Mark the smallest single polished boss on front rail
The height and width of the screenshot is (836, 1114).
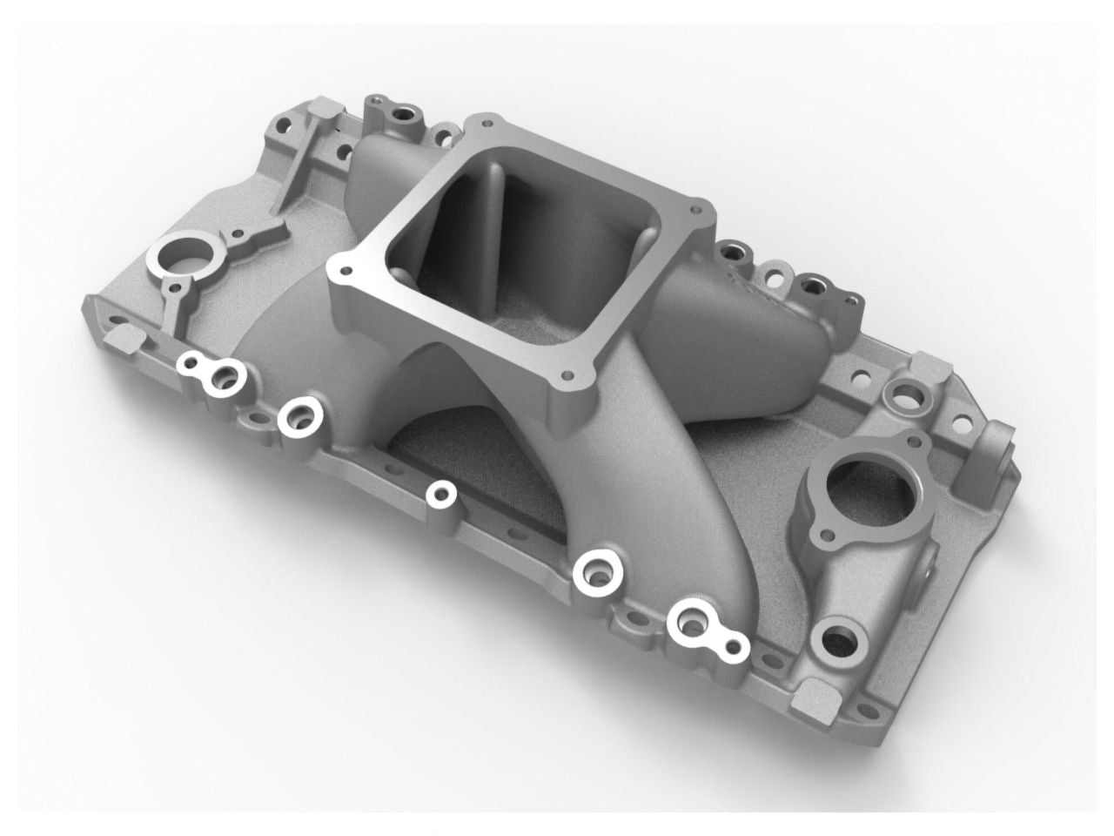coord(441,494)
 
